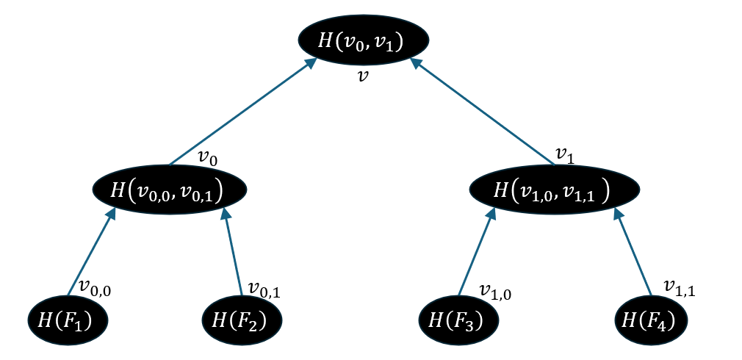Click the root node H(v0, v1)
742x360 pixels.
363,40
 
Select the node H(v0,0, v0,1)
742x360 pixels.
169,190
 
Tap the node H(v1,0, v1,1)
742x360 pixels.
554,190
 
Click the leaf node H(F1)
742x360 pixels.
68,320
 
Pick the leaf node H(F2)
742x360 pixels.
242,320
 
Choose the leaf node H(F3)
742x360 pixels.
459,320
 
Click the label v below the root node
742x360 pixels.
362,76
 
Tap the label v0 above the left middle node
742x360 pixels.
209,157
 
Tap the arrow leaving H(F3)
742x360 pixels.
476,251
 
